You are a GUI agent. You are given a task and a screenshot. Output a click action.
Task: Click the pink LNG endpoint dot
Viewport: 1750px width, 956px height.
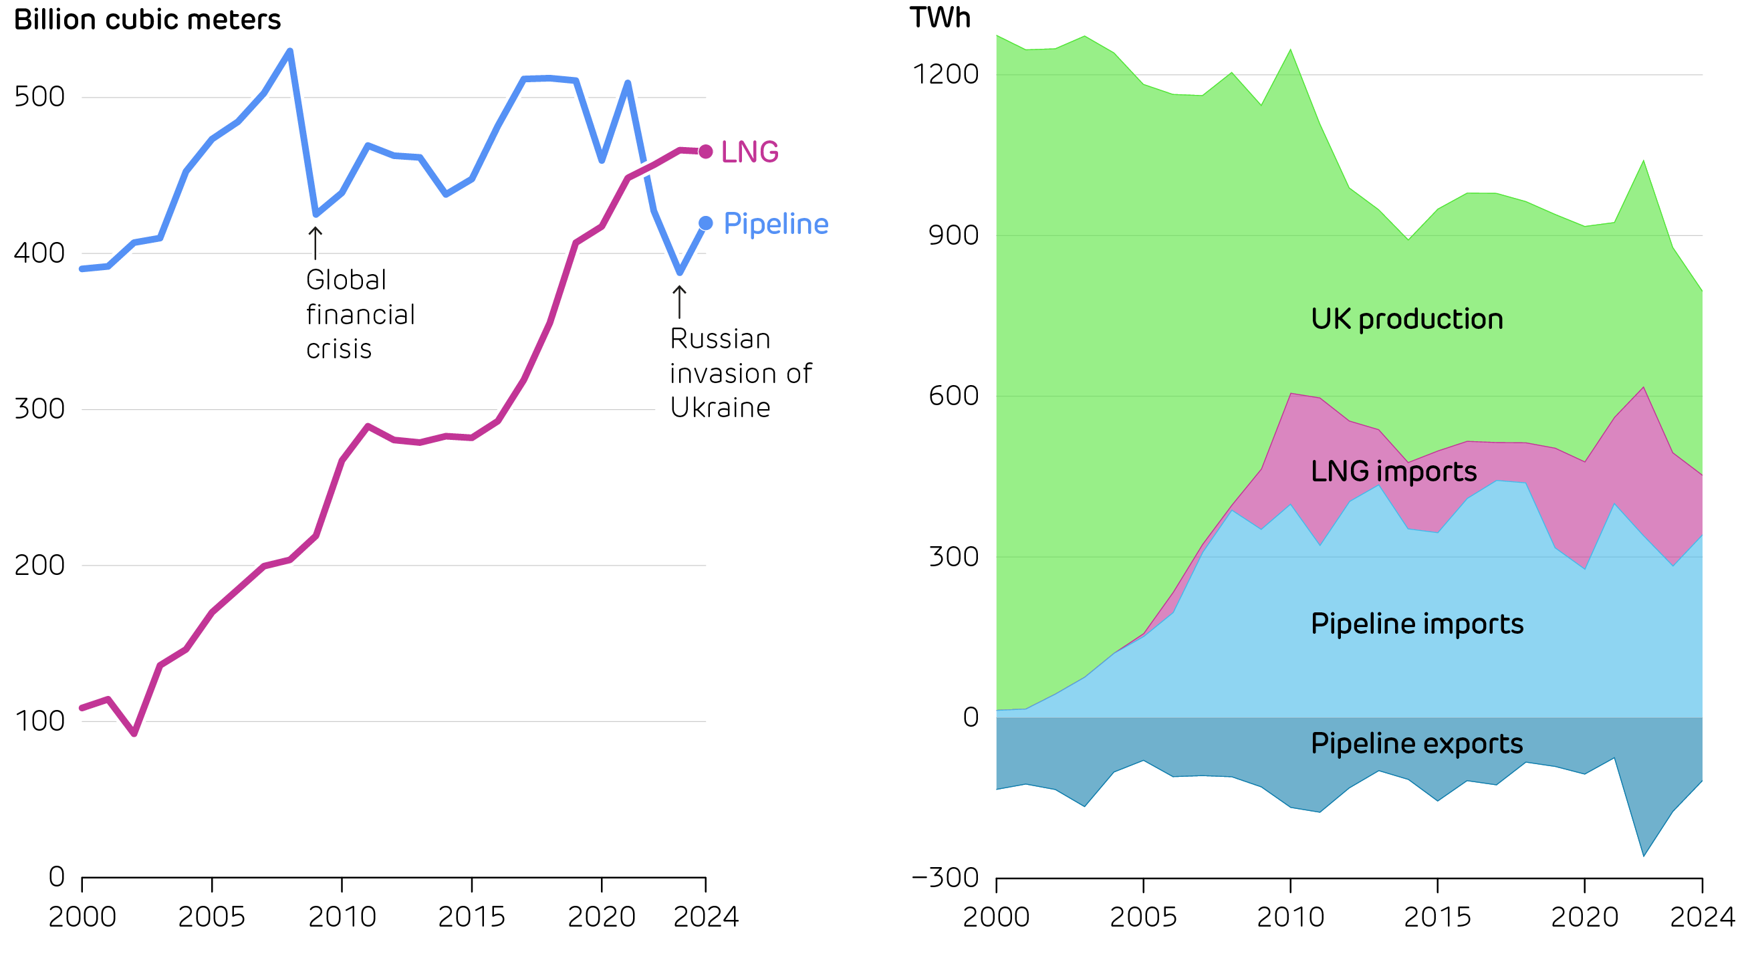point(706,152)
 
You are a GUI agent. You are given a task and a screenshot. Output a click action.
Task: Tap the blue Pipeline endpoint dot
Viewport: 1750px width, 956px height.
point(706,223)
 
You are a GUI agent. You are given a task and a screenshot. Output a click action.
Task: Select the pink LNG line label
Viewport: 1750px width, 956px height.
point(749,152)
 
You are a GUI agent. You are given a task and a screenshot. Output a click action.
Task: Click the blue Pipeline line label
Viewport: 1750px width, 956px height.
point(776,223)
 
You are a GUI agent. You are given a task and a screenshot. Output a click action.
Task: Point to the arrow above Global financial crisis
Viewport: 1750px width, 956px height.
point(316,243)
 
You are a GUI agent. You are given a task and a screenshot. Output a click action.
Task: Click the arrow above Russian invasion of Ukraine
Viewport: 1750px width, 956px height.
point(679,302)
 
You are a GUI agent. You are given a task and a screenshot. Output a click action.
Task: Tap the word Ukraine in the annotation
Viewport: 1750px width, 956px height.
point(720,408)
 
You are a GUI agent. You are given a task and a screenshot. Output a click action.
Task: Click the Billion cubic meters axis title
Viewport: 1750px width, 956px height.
point(147,19)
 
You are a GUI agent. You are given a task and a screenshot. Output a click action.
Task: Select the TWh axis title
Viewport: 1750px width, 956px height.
point(941,17)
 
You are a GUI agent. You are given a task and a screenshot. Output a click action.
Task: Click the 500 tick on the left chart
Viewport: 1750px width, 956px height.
point(39,96)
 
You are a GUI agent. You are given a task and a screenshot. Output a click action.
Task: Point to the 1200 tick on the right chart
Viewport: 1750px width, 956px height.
point(945,74)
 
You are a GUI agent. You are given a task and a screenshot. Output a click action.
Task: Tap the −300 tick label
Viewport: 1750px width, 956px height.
point(945,877)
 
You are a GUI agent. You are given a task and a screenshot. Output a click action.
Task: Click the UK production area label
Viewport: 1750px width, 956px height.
point(1407,319)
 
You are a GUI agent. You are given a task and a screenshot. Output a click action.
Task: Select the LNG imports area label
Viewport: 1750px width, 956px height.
point(1393,471)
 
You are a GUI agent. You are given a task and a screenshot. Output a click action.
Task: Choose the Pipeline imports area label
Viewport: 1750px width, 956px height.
point(1417,624)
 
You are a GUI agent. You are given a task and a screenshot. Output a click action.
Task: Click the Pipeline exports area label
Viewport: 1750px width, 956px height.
point(1416,743)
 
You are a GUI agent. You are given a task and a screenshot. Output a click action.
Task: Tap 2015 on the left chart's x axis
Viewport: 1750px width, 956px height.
point(471,917)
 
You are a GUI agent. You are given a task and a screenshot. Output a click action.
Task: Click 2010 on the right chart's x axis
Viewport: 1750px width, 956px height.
point(1290,917)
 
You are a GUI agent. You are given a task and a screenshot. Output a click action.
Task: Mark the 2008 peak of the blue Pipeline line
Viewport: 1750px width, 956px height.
point(290,51)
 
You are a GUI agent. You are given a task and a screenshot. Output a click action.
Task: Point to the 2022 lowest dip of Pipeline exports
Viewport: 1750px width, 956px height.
point(1643,856)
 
